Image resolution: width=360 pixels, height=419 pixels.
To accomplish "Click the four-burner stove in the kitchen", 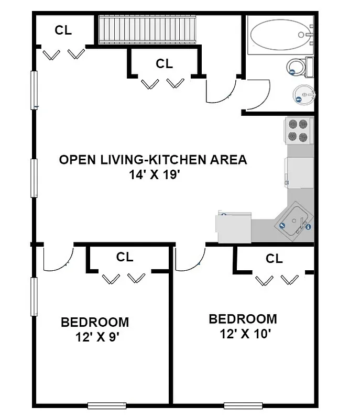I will click(298, 130).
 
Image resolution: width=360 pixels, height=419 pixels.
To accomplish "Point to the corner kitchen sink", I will click(294, 220).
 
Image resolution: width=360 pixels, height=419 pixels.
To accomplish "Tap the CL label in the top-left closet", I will click(63, 30).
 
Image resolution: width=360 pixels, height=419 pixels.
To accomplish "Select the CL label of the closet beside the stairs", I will click(164, 64).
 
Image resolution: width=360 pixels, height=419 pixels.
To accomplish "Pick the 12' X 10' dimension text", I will click(243, 334).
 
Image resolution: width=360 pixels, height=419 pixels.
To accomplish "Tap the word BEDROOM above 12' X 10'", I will click(243, 319).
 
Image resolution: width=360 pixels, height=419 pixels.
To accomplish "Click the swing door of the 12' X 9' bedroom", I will click(57, 259).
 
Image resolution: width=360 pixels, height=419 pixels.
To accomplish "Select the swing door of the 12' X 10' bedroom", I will click(190, 259).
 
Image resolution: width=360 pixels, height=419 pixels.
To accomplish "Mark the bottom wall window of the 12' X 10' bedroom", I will click(243, 405).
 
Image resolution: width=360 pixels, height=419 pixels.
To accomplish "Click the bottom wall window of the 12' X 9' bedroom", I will click(107, 405).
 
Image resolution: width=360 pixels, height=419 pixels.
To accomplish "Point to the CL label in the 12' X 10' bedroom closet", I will click(274, 259).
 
